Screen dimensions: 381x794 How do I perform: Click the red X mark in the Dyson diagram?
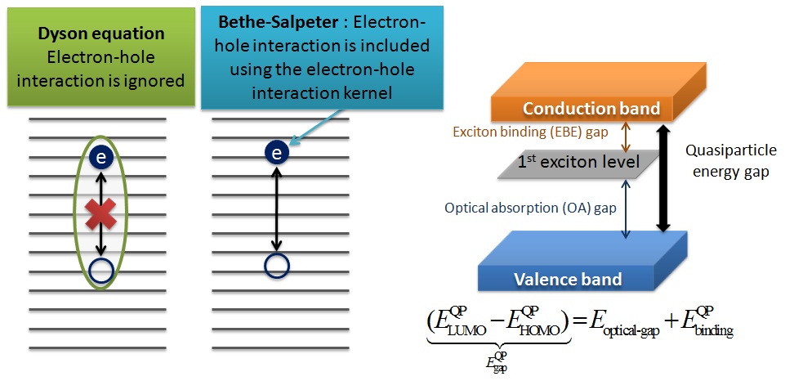[100, 215]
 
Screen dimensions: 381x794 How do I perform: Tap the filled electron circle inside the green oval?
[100, 159]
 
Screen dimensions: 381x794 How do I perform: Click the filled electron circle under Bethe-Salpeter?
[278, 152]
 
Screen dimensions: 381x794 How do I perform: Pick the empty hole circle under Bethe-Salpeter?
[278, 265]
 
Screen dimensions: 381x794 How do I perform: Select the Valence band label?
[568, 280]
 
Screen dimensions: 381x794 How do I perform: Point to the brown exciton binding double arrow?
[625, 135]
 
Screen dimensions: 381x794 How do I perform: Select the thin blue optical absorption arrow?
[625, 208]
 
